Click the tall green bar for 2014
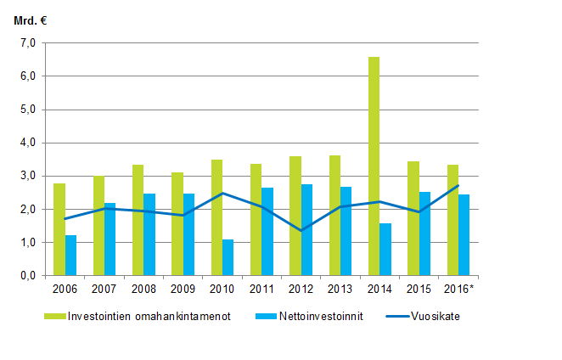coord(374,166)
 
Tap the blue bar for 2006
coord(70,255)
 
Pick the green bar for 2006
coord(59,229)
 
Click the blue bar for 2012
coord(306,229)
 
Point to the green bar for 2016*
coord(452,220)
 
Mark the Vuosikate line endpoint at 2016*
coord(458,185)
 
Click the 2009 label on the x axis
coord(182,289)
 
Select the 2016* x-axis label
coord(459,289)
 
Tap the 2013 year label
coord(340,289)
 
